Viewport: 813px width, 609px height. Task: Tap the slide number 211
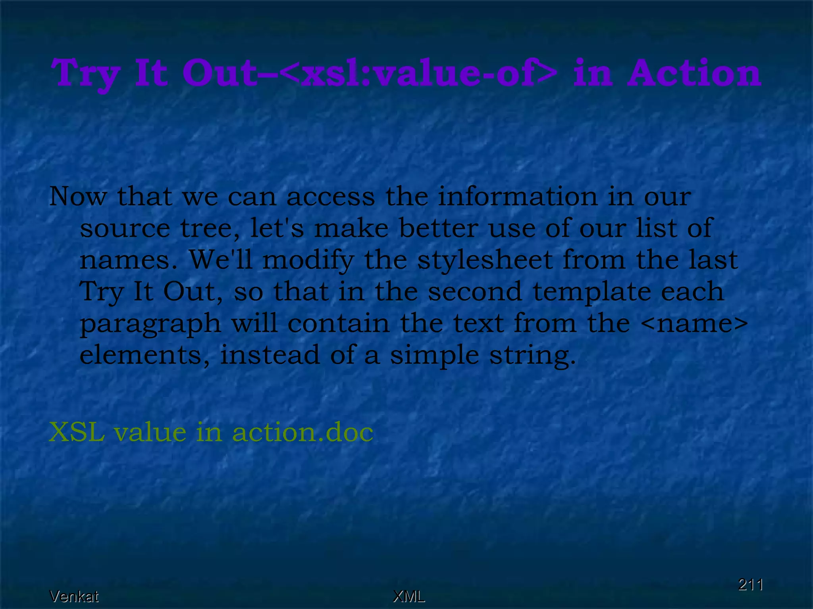point(750,585)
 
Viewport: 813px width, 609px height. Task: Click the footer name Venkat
point(74,596)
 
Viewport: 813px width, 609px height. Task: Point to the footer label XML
point(408,596)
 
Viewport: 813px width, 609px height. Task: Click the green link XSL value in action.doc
point(211,432)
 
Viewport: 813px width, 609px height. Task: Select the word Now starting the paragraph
point(78,196)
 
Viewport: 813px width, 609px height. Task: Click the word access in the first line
point(330,197)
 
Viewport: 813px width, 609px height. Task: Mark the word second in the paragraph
point(475,291)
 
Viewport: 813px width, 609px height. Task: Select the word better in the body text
point(438,228)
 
